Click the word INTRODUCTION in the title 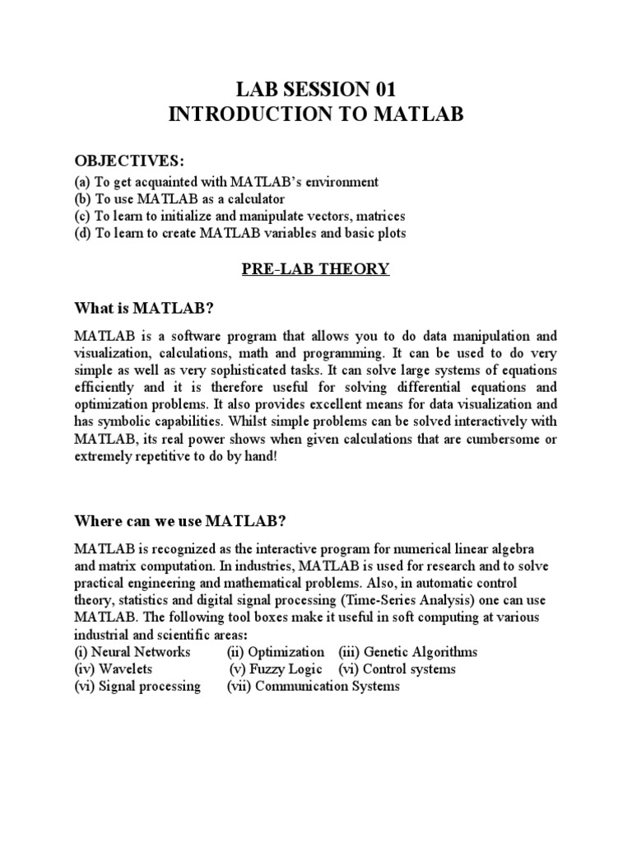coord(248,114)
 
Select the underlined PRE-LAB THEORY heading coord(315,268)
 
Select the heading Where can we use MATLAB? coord(180,520)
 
